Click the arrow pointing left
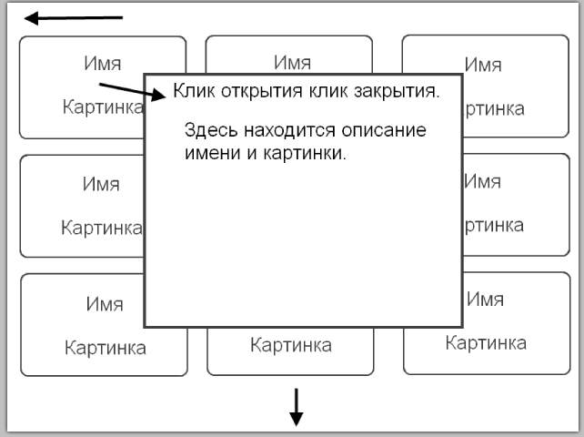73,17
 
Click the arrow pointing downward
296,406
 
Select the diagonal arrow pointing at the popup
133,90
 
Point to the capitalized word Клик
193,91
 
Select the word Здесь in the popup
208,130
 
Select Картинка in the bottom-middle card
291,346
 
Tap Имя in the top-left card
103,63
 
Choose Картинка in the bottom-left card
105,347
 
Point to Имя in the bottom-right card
485,299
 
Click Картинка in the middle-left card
101,227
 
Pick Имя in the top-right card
483,65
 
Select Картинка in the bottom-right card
485,343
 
